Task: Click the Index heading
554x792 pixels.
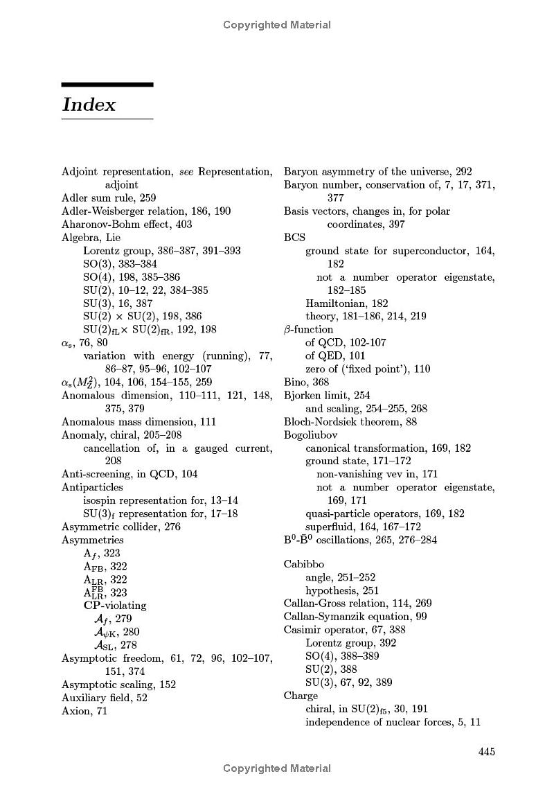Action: pos(89,105)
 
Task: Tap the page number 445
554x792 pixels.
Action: pos(487,751)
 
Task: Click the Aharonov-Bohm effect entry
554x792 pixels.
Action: pos(127,225)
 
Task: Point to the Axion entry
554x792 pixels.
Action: pos(84,710)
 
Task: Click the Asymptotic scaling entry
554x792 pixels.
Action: pos(118,685)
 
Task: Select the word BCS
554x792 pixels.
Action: pos(294,238)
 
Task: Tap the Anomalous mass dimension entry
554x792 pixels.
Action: pos(138,421)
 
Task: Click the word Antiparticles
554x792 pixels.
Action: pos(92,487)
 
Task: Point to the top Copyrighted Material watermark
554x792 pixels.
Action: pos(277,25)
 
